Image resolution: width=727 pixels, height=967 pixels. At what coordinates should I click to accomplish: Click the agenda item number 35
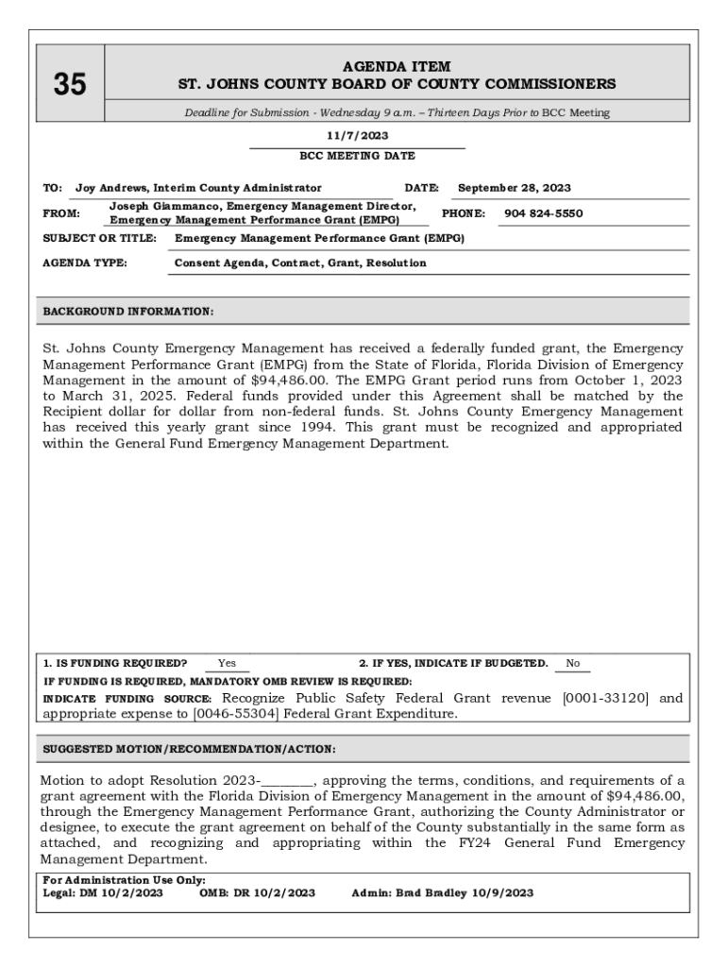pyautogui.click(x=69, y=85)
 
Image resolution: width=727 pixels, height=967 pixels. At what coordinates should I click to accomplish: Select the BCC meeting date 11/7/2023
pyautogui.click(x=357, y=136)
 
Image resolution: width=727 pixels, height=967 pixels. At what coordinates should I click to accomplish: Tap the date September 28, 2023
pyautogui.click(x=514, y=188)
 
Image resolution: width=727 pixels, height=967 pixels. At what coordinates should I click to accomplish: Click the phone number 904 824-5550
pyautogui.click(x=543, y=213)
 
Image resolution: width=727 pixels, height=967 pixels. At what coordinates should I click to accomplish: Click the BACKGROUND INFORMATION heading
pyautogui.click(x=128, y=311)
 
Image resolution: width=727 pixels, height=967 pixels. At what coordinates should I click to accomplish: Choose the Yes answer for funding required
pyautogui.click(x=227, y=663)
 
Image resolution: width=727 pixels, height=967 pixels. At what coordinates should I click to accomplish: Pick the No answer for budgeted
pyautogui.click(x=572, y=663)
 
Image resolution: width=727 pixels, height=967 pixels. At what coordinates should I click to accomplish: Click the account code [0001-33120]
pyautogui.click(x=605, y=699)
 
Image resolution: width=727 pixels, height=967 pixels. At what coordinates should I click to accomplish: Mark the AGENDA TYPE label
pyautogui.click(x=86, y=263)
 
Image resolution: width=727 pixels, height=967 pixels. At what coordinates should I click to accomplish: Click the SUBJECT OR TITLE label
pyautogui.click(x=100, y=239)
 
